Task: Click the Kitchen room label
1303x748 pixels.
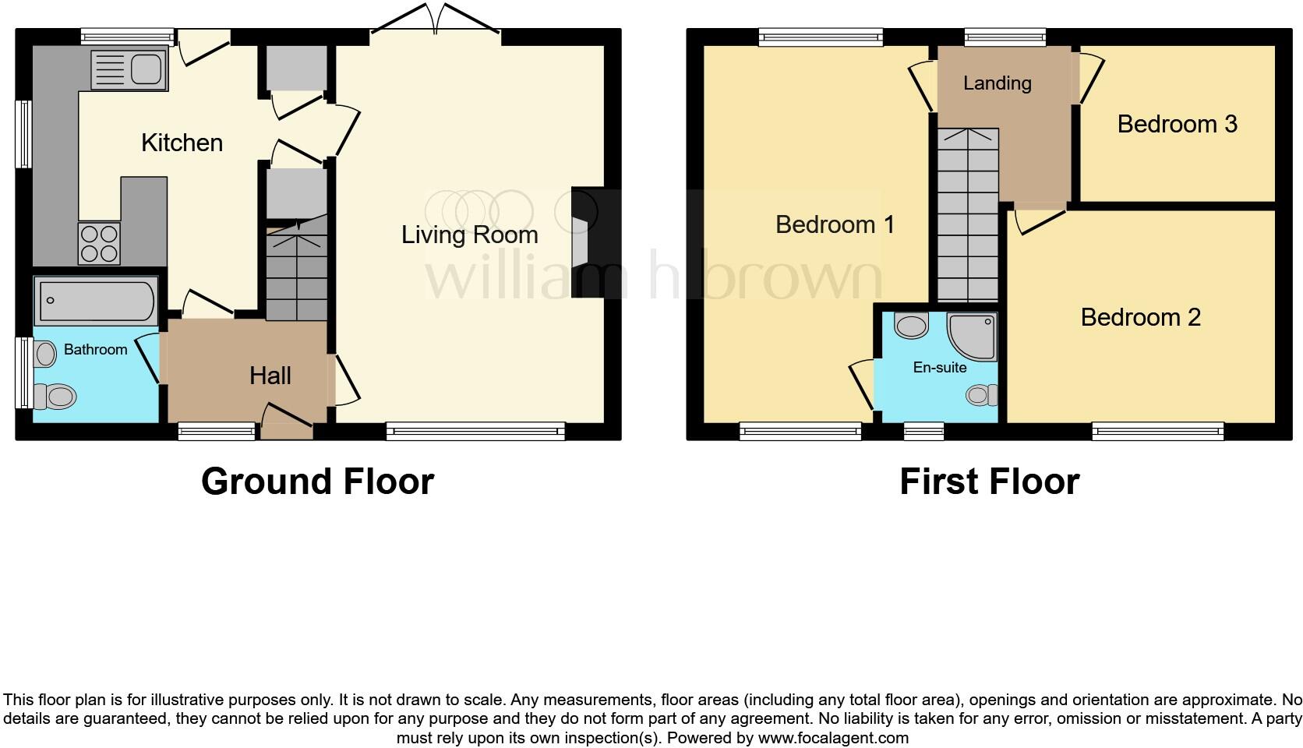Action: point(182,143)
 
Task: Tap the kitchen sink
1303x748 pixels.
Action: point(129,69)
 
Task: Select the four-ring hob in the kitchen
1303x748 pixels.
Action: point(99,243)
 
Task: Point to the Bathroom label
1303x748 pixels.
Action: point(95,349)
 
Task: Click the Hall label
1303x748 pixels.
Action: point(270,376)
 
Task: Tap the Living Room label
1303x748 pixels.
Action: point(469,235)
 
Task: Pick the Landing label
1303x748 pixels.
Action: point(997,83)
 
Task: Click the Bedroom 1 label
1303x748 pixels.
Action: point(835,224)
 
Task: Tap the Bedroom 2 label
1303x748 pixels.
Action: point(1140,317)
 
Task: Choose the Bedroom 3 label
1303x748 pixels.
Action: point(1177,124)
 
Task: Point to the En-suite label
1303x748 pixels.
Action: point(939,367)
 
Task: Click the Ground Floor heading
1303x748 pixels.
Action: point(317,482)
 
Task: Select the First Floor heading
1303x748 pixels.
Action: point(989,482)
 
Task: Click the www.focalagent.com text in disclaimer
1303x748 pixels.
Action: point(832,737)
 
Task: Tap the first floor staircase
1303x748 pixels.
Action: point(967,218)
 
